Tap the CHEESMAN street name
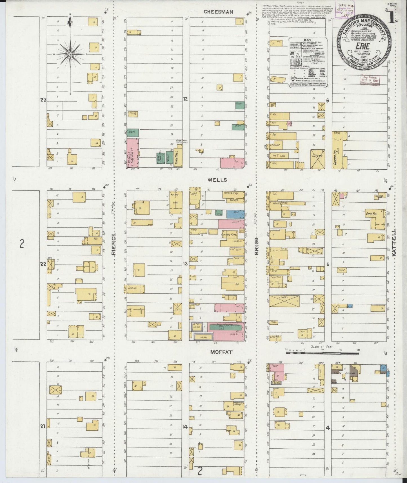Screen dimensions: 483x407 [219, 12]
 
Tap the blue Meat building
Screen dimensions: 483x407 [235, 214]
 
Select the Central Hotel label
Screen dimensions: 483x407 [229, 235]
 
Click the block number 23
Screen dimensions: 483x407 [43, 99]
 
